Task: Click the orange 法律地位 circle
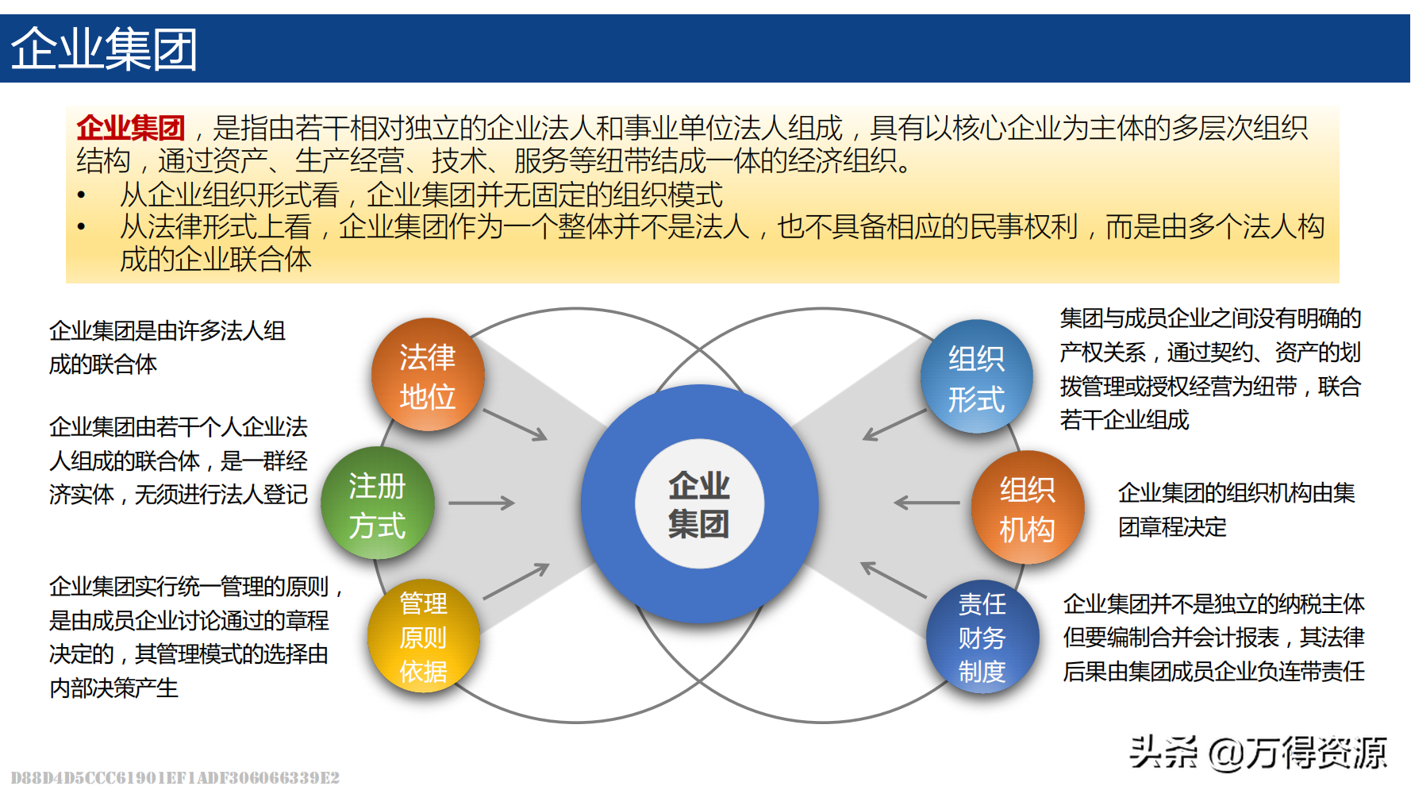428,376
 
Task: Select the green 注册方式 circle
378,504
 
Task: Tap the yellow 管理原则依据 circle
424,637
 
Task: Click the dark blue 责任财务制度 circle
982,638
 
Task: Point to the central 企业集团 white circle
699,504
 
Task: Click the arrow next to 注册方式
482,503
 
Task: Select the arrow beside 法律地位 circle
515,425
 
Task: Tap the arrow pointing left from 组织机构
926,503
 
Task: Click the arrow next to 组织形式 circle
894,425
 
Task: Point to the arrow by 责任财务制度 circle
894,580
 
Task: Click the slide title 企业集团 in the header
104,49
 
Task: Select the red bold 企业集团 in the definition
131,128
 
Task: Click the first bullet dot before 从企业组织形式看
81,195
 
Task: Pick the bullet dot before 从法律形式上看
81,227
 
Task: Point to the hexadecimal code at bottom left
175,778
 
